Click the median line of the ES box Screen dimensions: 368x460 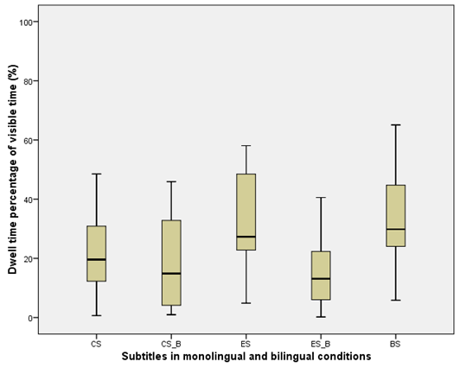click(x=246, y=237)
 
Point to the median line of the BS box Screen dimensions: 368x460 click(x=395, y=230)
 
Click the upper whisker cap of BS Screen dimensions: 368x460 click(x=395, y=125)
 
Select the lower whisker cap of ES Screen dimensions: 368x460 click(x=246, y=303)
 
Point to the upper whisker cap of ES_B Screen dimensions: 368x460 click(x=320, y=198)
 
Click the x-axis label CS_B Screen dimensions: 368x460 click(x=170, y=343)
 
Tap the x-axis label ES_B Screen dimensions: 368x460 click(x=320, y=343)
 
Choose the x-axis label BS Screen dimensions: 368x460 click(x=395, y=343)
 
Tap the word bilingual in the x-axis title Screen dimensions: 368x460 click(x=294, y=356)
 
